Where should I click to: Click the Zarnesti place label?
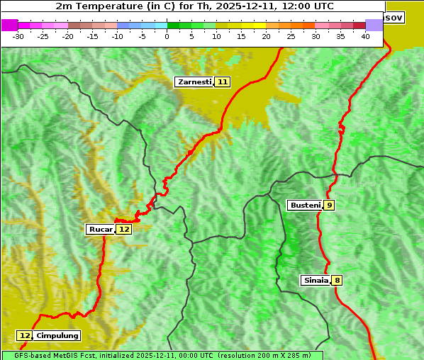point(194,82)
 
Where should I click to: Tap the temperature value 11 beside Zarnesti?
point(223,82)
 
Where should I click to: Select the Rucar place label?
point(101,230)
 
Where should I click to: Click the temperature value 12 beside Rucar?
point(124,230)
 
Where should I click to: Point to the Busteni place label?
point(305,206)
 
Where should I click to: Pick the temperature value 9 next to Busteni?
point(330,206)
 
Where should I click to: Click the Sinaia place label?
point(316,281)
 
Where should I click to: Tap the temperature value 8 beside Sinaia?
point(337,281)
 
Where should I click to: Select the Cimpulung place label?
point(57,336)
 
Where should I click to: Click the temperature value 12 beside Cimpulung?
point(25,336)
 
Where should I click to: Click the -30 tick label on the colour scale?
point(18,36)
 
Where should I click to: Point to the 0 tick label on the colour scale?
point(167,36)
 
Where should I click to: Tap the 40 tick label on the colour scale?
point(365,36)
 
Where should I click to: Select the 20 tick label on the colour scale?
point(266,36)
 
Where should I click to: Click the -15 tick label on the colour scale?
point(93,36)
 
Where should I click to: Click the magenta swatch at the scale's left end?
point(10,25)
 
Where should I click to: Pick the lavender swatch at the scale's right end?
point(374,25)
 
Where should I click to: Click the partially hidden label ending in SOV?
point(394,17)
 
